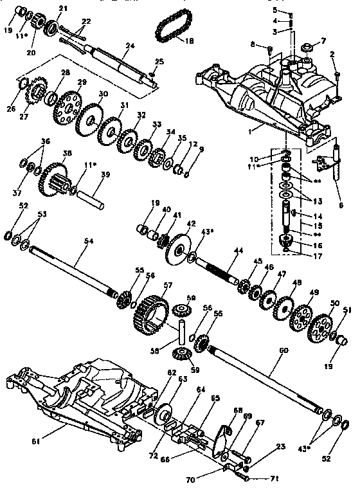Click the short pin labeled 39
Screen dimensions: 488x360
click(x=94, y=194)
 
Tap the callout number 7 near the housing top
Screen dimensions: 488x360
click(x=323, y=40)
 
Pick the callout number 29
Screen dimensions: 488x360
click(x=82, y=82)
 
